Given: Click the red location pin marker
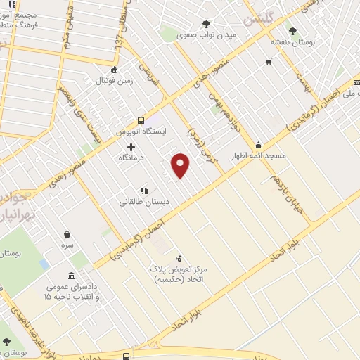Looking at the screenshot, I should (181, 165).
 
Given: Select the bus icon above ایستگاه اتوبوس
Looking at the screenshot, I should (141, 120).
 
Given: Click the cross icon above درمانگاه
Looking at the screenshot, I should (131, 147).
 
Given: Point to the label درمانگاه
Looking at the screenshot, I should (131, 158).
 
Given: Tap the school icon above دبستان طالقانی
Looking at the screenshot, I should (144, 190).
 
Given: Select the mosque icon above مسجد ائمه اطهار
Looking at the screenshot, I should (258, 145).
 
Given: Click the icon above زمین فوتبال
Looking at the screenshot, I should (115, 69).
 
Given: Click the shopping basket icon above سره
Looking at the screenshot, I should (67, 235).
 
